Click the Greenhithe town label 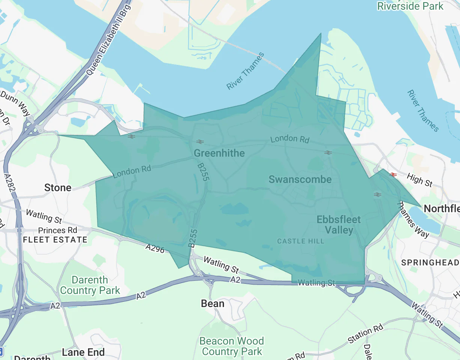[x=219, y=153]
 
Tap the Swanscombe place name [x=300, y=179]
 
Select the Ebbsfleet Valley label [x=339, y=225]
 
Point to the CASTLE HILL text [x=301, y=241]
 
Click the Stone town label [x=58, y=187]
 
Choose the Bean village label [x=213, y=303]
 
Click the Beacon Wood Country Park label [x=232, y=346]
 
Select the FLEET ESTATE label [x=55, y=240]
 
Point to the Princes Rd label [x=57, y=230]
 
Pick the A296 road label [x=155, y=248]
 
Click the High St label [x=420, y=180]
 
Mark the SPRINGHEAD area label [x=430, y=262]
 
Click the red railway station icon [x=393, y=174]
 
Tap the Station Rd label [x=365, y=334]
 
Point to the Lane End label [x=83, y=352]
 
